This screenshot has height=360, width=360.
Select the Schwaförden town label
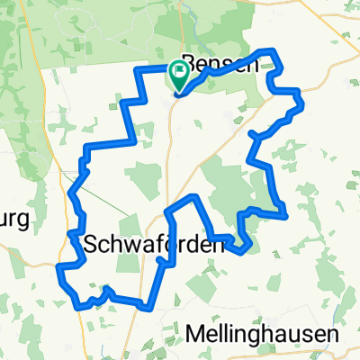[141, 244]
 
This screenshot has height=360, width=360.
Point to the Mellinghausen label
[265, 334]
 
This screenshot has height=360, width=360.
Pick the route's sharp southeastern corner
[285, 215]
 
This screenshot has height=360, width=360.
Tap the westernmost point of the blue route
[58, 267]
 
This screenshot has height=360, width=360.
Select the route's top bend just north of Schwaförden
[192, 196]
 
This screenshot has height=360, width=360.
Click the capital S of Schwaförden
[90, 244]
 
